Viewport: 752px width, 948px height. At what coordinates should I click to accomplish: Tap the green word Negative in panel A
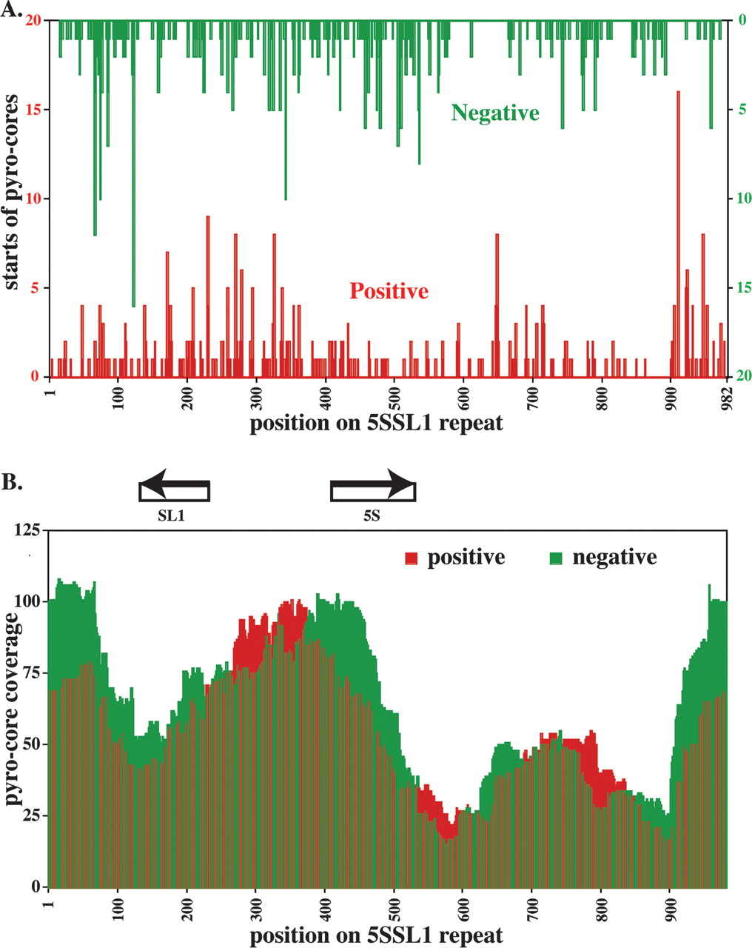click(495, 113)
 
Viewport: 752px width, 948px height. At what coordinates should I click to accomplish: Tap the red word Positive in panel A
click(389, 291)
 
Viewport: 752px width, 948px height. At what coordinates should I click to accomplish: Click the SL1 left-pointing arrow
click(175, 490)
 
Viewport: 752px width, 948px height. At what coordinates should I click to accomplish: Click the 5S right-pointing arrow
click(372, 490)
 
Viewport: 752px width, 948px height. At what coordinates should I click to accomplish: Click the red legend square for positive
click(412, 558)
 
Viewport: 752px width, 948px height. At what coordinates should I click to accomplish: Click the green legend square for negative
click(556, 558)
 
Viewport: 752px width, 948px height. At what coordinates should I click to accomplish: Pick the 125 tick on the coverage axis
click(27, 530)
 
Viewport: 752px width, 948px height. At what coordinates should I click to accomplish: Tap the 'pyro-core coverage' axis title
click(13, 710)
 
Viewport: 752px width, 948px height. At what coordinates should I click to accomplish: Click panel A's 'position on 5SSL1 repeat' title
click(376, 424)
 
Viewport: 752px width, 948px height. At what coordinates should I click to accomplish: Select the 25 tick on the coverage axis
click(30, 815)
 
